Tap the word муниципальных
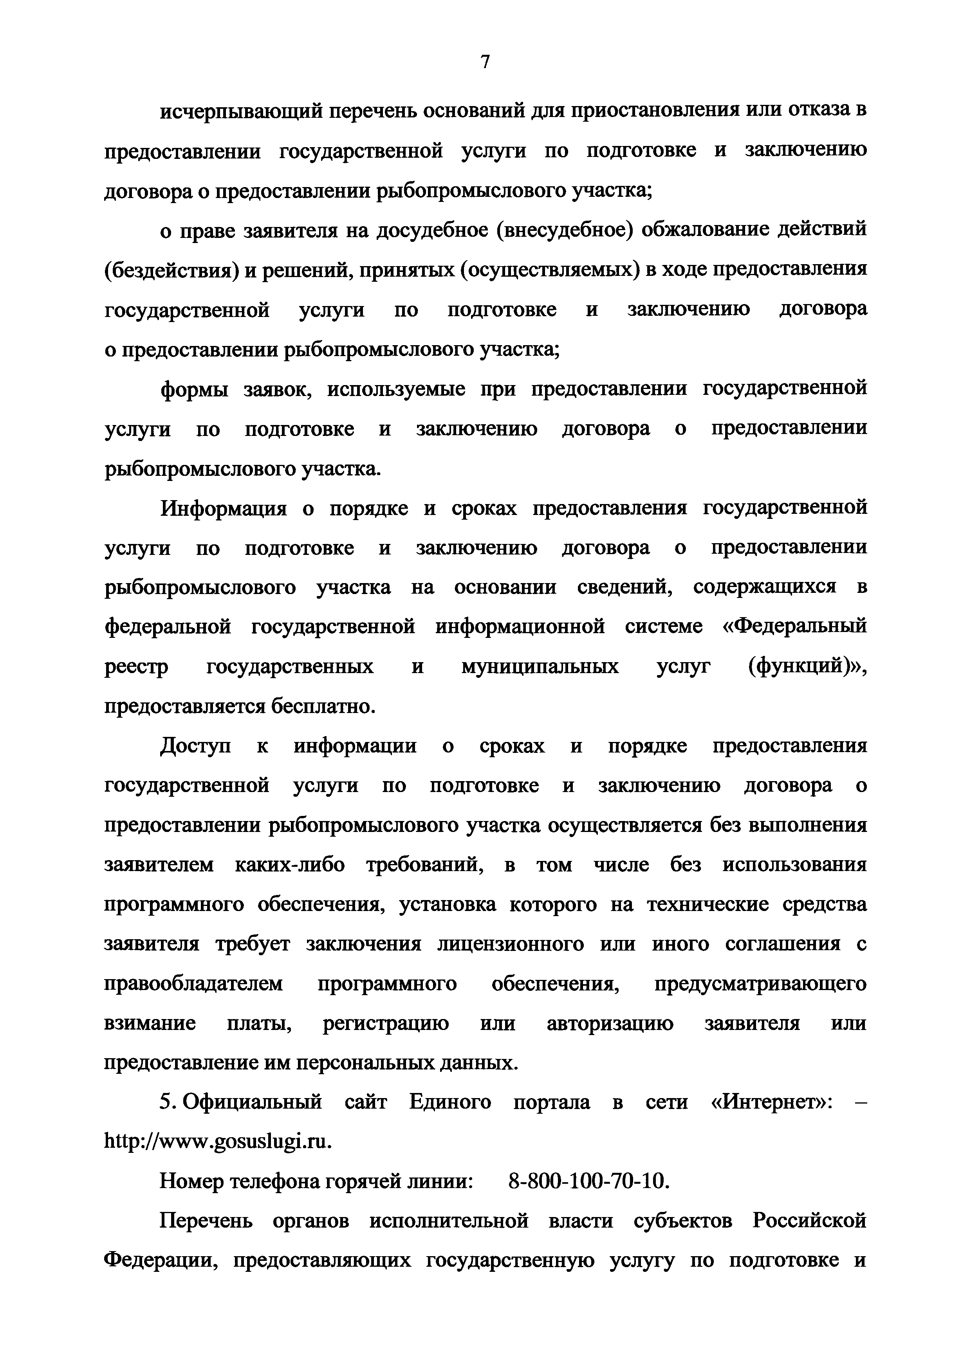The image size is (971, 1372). (x=540, y=667)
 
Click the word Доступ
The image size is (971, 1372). (x=195, y=746)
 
